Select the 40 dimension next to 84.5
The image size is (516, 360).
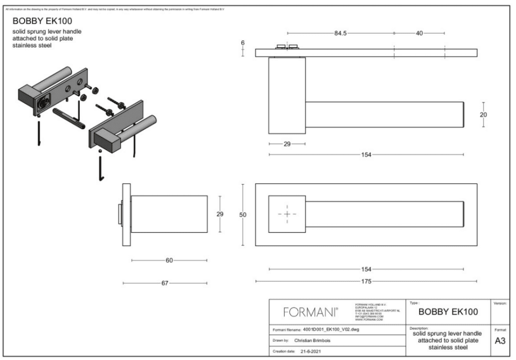[419, 33]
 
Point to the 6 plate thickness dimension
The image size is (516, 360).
[243, 42]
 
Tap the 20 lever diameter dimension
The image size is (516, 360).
[483, 114]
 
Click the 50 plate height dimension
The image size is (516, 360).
[243, 215]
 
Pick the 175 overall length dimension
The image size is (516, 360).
[366, 281]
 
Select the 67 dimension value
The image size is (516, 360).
[165, 283]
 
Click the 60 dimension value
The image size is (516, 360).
[169, 260]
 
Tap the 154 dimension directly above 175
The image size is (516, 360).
[366, 269]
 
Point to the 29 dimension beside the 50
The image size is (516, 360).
[220, 214]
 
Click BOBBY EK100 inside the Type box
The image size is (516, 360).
[448, 312]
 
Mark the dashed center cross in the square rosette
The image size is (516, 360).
[287, 214]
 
